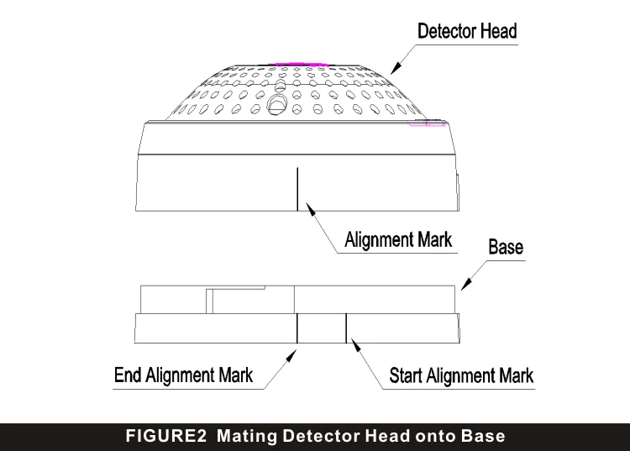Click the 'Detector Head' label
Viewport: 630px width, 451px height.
point(468,32)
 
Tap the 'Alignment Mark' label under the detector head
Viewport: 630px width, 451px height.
point(399,239)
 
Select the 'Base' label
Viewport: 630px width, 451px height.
point(506,247)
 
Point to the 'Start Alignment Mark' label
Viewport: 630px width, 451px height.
point(461,375)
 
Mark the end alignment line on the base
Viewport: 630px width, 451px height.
point(297,328)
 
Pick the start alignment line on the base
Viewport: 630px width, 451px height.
point(346,328)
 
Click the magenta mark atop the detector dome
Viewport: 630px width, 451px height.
point(298,61)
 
